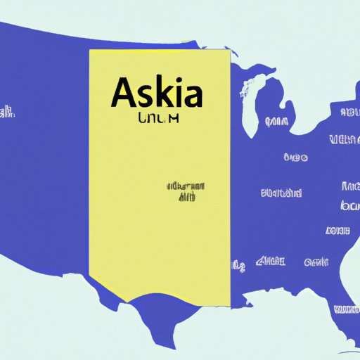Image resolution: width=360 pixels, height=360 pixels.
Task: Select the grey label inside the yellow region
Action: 185,191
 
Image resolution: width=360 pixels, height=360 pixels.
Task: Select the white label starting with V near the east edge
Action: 344,138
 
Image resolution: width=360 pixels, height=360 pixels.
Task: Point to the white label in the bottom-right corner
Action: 347,309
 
